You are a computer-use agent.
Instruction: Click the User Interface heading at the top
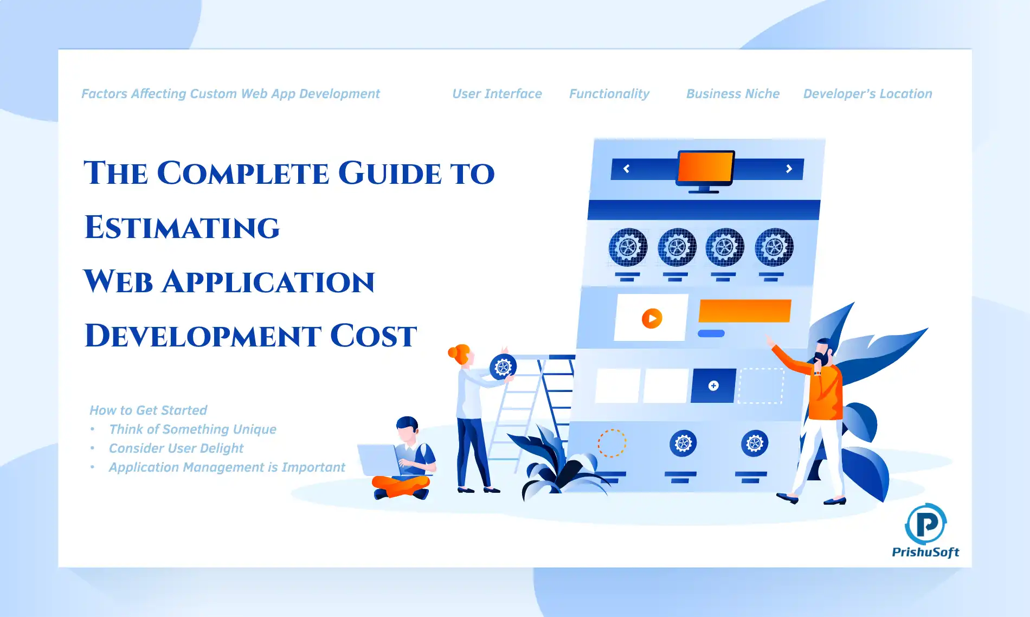497,94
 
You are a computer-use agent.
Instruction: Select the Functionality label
609,94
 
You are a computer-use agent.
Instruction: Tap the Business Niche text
733,94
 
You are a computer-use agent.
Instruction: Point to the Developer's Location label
868,94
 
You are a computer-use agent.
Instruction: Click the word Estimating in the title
182,227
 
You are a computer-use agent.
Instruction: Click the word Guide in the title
390,173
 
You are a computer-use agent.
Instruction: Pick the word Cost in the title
374,336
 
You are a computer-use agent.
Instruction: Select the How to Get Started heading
149,410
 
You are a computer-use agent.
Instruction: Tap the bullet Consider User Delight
176,448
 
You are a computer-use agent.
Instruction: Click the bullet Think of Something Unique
192,429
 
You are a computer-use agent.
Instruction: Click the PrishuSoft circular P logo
926,524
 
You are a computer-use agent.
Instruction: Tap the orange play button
652,318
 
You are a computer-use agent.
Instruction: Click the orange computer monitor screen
705,167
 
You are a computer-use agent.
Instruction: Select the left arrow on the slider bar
626,169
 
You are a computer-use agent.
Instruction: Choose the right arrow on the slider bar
789,169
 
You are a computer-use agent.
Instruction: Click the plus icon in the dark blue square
713,385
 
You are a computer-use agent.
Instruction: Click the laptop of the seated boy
378,461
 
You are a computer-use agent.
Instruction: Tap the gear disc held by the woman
503,367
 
